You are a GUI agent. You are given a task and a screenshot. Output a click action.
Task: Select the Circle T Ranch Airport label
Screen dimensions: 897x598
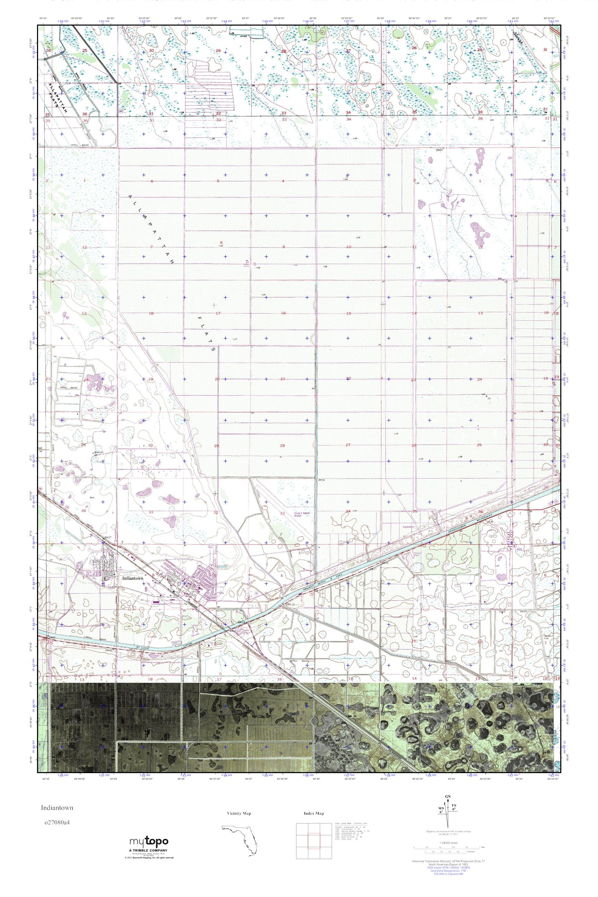[301, 515]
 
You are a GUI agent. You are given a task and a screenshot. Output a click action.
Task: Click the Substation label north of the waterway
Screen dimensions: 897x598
[408, 527]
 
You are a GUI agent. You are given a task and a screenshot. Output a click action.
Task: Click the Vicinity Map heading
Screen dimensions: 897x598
[239, 814]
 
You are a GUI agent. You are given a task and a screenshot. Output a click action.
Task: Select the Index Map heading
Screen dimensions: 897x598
[314, 814]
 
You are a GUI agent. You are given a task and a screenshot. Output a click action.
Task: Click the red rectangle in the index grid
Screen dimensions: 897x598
[314, 837]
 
